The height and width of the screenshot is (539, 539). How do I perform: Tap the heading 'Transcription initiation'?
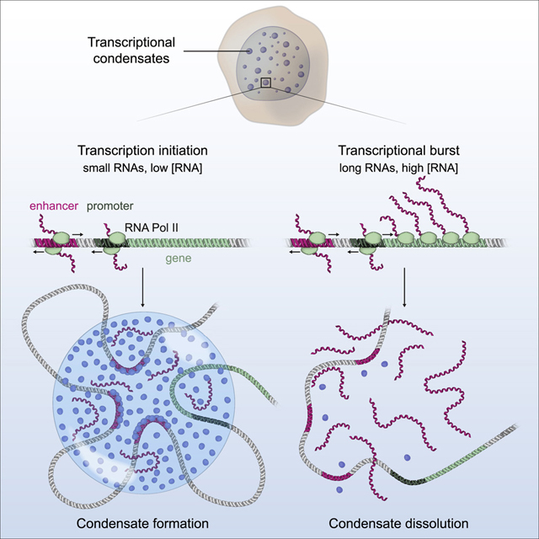point(142,151)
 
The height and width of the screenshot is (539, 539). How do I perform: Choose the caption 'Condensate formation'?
point(142,523)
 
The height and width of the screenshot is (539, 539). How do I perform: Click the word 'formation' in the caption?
point(179,523)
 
